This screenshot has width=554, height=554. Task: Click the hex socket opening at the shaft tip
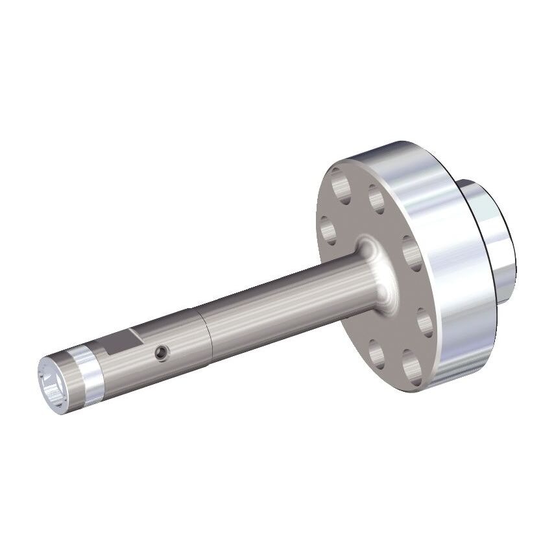(x=53, y=387)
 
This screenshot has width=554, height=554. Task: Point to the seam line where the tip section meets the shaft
(x=206, y=333)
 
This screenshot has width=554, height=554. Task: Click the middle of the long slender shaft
(x=272, y=305)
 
